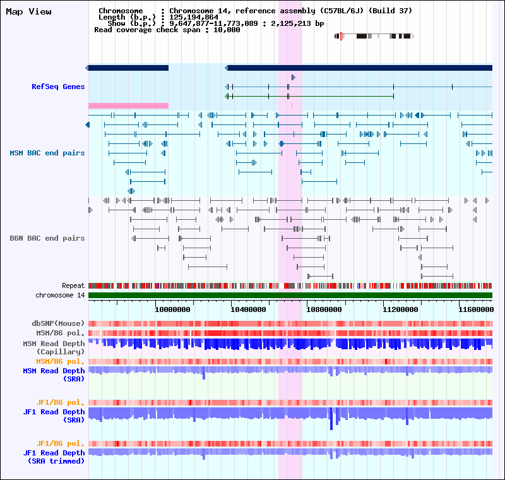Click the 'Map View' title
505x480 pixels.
click(28, 12)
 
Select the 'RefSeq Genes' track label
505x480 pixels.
click(58, 87)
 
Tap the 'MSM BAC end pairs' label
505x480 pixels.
click(47, 153)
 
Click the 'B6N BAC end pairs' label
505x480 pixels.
click(47, 238)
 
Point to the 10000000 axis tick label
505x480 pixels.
click(172, 309)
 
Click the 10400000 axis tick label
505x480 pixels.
click(248, 309)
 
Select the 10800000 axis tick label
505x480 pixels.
click(324, 309)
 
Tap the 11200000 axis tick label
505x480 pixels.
click(400, 309)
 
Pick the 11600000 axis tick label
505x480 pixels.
click(476, 309)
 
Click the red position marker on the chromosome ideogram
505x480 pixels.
click(341, 37)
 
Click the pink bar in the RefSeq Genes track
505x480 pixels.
click(129, 105)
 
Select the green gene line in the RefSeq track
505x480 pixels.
click(309, 97)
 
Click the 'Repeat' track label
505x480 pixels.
click(73, 285)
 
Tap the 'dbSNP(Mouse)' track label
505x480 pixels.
click(58, 323)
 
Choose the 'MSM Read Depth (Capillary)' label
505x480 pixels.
click(54, 347)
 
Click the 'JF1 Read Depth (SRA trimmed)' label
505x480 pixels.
click(54, 457)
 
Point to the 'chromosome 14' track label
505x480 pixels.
click(60, 295)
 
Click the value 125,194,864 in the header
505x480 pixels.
click(194, 18)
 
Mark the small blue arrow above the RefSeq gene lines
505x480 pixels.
click(294, 77)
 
